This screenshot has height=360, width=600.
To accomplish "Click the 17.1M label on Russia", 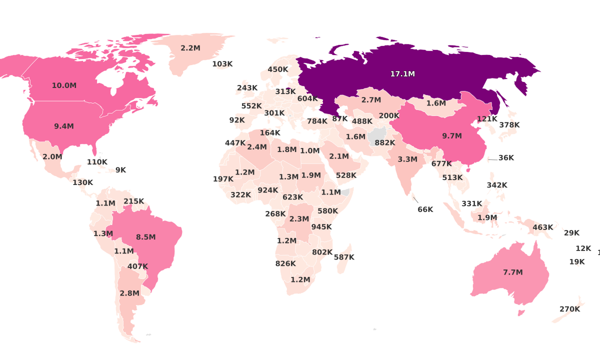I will pos(402,74).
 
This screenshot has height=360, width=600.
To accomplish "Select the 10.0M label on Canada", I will pos(64,85).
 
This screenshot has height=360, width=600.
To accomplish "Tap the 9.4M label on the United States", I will pos(64,126).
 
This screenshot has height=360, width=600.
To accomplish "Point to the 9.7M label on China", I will pos(452,136).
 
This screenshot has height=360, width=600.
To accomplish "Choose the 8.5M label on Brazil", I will pos(146,237).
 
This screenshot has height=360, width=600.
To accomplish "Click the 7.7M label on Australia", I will pos(512,272).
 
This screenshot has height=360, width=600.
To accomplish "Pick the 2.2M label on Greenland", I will pos(190,48).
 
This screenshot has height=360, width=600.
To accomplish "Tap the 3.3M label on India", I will pos(407,159).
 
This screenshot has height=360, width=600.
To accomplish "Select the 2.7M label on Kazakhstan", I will pos(371,100).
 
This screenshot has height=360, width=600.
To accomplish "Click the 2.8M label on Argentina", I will pos(129,293).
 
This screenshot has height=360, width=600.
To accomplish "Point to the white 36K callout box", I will pos(506,158).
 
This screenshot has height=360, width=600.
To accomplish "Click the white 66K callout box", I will pos(425,209).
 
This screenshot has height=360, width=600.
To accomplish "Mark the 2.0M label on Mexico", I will pos(52,156).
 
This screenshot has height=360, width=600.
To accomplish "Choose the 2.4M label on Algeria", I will pos(257,147).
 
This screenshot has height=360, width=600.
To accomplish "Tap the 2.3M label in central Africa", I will pos(299,219).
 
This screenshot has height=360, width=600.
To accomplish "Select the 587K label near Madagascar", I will pos(344,257).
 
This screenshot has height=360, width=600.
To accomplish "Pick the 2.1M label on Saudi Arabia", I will pos(339,156).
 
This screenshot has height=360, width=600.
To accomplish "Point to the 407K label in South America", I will pos(137,266).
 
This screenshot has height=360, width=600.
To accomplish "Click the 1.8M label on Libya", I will pos(287,149).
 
